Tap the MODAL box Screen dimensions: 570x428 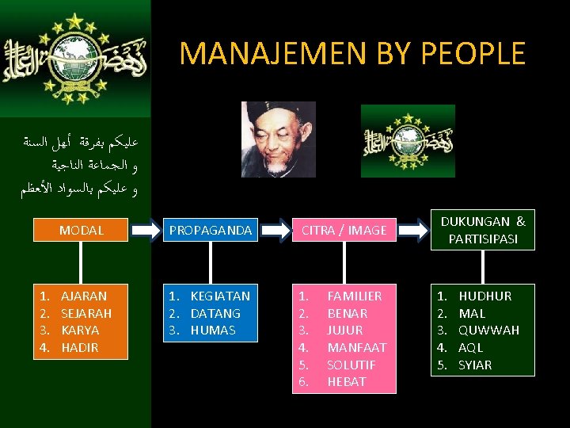click(82, 230)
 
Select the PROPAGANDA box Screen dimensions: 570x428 click(210, 230)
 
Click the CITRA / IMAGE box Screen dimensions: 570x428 click(344, 230)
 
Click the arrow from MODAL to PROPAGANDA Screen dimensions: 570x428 click(145, 230)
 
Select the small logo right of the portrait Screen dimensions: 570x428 click(408, 140)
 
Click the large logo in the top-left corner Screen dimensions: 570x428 click(75, 59)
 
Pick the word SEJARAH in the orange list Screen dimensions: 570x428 click(86, 313)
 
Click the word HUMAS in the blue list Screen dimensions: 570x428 click(213, 331)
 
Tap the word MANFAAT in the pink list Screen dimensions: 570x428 click(356, 347)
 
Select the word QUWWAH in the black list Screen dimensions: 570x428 click(488, 331)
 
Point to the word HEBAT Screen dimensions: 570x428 click(346, 382)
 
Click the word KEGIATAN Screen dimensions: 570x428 click(220, 296)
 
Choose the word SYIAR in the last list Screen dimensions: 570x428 click(475, 365)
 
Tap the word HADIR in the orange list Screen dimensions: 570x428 click(80, 347)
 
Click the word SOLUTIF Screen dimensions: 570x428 click(351, 365)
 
